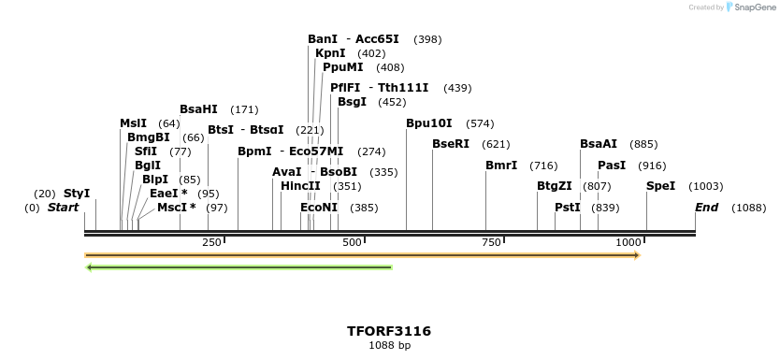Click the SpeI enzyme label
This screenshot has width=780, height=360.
pos(661,186)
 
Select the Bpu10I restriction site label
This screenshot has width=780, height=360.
pos(429,123)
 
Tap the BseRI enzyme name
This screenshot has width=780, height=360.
pos(451,144)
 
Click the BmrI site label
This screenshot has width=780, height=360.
pos(501,166)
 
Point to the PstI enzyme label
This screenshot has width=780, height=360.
pos(568,207)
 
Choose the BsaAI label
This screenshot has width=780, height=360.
pos(599,144)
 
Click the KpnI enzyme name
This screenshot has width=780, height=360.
pos(330,53)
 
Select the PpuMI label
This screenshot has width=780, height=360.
pos(343,67)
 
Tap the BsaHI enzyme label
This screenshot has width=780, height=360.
pos(198,109)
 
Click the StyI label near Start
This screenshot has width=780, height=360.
pos(77,194)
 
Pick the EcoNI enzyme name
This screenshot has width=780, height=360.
pos(319,207)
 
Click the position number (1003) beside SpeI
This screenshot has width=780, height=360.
pos(706,186)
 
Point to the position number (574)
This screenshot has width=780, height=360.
pos(480,123)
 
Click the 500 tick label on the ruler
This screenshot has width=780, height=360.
pos(352,243)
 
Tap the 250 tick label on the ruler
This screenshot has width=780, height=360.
pos(211,243)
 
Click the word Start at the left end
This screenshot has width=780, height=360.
pos(63,207)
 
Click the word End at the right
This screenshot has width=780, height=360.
pos(706,207)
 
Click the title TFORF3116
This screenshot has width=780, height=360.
pos(389,331)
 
